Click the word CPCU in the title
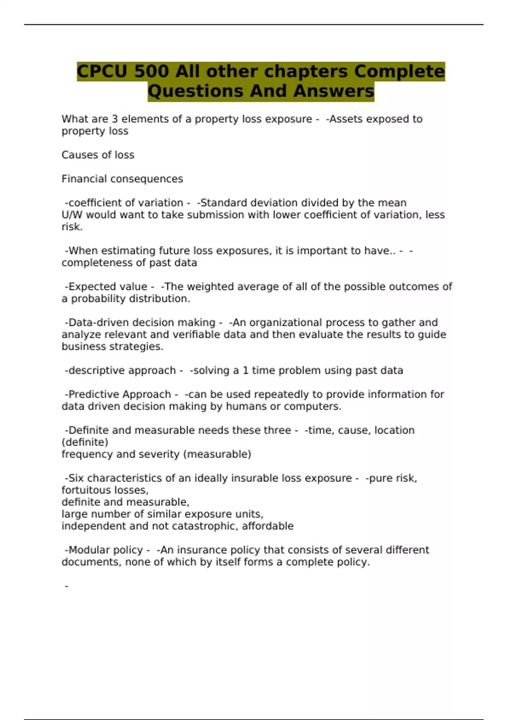click(x=102, y=71)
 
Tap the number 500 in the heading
click(x=152, y=71)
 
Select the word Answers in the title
click(x=334, y=91)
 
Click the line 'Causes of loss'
click(x=98, y=155)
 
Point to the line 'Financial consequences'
click(x=122, y=179)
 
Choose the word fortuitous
click(x=88, y=490)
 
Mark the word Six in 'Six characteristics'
click(x=76, y=478)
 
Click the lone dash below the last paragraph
click(x=66, y=586)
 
